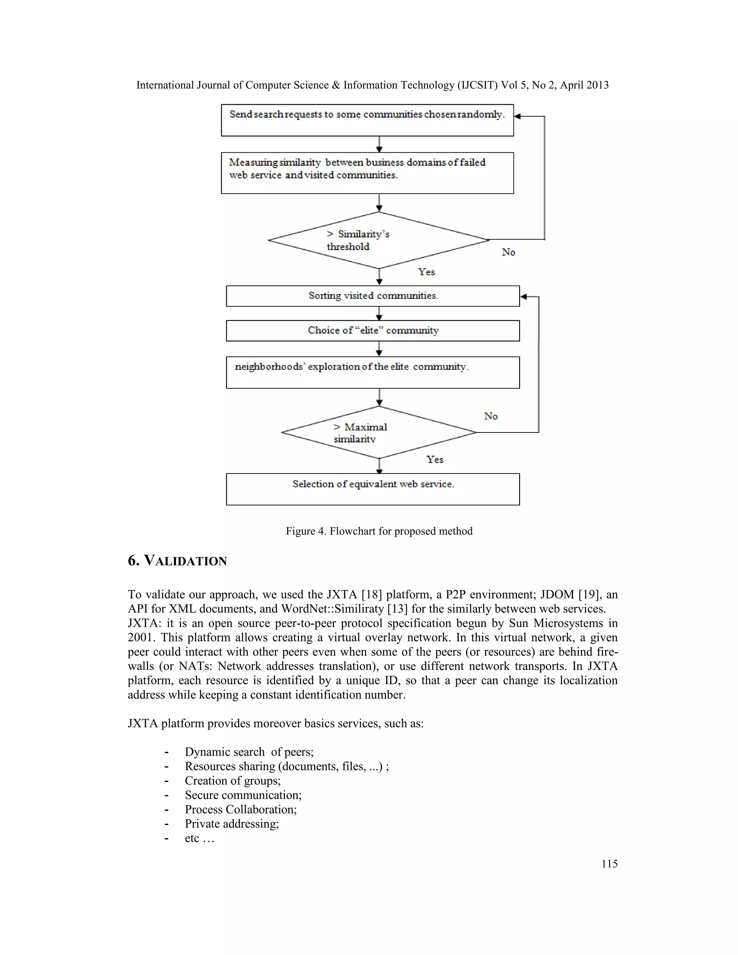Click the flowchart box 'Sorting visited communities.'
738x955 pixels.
coord(373,296)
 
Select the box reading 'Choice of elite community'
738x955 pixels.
coord(373,330)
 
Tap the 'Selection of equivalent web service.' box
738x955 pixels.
coord(373,489)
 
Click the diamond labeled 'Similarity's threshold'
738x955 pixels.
coord(379,240)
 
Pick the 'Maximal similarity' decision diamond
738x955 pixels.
coord(379,432)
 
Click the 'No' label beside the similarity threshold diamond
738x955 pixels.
coord(508,252)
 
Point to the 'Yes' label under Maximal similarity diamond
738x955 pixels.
coord(435,459)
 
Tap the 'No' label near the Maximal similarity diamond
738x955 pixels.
coord(490,416)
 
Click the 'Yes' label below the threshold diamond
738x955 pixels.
coord(426,272)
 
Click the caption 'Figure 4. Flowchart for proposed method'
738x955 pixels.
coord(379,531)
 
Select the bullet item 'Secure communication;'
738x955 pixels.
coord(243,795)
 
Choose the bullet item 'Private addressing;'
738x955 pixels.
coord(232,824)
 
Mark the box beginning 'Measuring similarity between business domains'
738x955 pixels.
coord(367,173)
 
